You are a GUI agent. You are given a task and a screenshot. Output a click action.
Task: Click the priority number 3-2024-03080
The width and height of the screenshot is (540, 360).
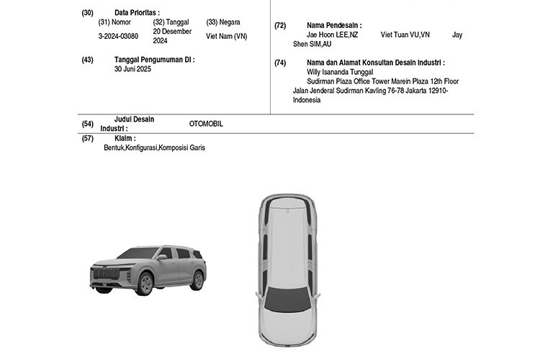pos(118,36)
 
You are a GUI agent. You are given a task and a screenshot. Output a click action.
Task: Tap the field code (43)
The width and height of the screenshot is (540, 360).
pos(87,60)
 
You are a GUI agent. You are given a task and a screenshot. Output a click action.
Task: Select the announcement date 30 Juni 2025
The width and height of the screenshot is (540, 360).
pos(132,69)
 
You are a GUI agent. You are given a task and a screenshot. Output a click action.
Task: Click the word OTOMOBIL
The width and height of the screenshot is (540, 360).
pos(206,124)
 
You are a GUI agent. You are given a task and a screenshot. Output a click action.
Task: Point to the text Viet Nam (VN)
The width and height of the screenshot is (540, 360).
pos(227,36)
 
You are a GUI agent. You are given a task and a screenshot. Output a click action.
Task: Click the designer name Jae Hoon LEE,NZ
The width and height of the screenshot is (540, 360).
pos(333,35)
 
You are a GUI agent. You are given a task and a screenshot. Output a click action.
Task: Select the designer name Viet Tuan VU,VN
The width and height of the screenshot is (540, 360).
pos(405,35)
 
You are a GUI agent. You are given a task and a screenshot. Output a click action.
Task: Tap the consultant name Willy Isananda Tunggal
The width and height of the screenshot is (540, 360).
pos(340,72)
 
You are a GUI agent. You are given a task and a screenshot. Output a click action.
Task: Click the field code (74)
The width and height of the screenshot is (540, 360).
pos(280,63)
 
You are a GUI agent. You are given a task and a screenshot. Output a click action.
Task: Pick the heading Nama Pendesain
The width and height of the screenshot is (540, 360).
pos(334,25)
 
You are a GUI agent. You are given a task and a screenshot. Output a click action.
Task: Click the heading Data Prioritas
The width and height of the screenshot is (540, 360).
pos(137,13)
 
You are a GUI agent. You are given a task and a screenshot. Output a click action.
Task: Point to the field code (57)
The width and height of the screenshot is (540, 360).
pos(87,138)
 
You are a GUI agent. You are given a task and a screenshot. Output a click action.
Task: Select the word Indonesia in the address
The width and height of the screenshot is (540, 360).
pos(307,100)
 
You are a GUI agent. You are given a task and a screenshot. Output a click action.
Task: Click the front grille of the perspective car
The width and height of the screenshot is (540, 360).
pos(107,274)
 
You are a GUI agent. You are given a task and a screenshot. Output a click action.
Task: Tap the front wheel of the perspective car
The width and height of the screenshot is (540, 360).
pos(145,283)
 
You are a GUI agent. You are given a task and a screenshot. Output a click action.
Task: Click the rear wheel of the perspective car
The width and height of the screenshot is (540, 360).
pos(198,280)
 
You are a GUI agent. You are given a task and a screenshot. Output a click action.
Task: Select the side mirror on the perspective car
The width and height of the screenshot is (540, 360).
pos(162,256)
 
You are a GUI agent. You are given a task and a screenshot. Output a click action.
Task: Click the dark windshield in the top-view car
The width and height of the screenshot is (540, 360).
pos(287,299)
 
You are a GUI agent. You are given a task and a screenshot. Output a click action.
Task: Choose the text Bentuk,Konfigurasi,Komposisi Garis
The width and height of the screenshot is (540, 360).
pos(154,148)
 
